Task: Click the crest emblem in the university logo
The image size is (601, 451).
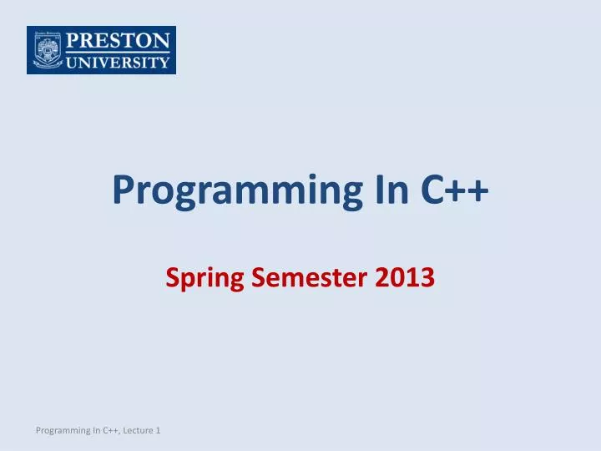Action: [x=47, y=50]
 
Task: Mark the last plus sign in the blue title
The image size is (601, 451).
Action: [x=478, y=191]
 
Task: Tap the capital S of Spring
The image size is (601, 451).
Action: [x=173, y=276]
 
